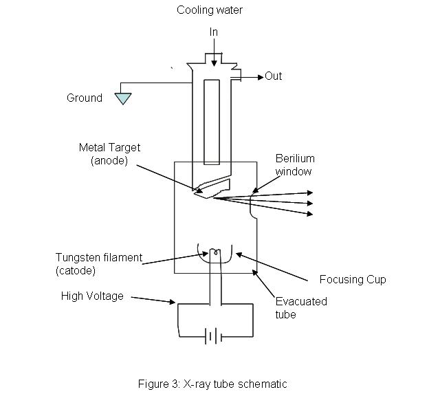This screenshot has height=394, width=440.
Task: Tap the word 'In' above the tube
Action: pos(214,32)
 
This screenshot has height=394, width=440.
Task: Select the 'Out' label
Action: pos(274,76)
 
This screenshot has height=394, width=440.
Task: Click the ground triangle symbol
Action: pos(122,98)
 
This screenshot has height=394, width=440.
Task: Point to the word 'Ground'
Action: pos(85,98)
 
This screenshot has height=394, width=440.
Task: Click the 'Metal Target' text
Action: pos(109,147)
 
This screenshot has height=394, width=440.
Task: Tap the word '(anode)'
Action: pos(109,160)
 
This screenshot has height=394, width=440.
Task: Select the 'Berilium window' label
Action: pos(294,164)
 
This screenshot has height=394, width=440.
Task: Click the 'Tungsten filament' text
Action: pos(99,258)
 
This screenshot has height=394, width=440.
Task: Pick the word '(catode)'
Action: pos(76,271)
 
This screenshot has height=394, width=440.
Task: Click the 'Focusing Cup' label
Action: pos(353,279)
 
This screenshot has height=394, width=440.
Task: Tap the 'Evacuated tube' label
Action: pos(301,307)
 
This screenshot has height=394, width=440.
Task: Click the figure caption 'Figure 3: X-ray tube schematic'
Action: pos(220,384)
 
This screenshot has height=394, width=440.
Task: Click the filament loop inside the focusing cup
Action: pos(216,253)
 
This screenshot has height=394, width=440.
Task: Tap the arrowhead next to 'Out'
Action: pos(260,76)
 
